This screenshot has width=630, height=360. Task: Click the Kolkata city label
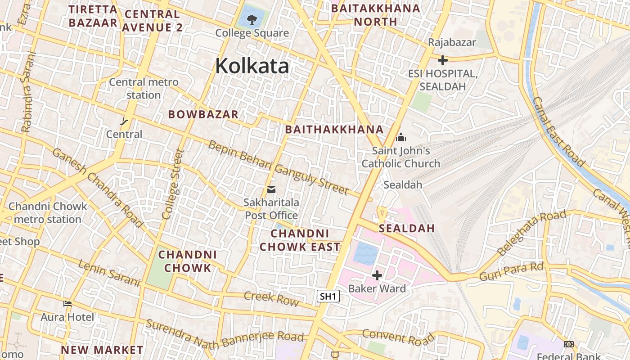point(252,66)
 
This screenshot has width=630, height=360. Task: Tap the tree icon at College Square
point(252,19)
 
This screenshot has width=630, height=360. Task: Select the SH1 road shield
point(328,296)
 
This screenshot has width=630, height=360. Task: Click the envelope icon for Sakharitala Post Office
point(271,189)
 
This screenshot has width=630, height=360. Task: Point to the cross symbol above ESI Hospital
point(443,60)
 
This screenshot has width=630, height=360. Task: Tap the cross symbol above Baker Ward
point(377,275)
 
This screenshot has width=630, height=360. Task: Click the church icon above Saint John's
point(400,137)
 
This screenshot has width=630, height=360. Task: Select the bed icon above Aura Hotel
point(67,304)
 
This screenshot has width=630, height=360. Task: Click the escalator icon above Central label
point(124,121)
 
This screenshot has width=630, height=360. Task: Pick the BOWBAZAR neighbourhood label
point(203,114)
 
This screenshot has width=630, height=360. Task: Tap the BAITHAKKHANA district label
point(334,130)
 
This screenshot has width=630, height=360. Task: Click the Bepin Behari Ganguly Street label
point(278,168)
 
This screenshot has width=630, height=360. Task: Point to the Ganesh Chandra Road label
point(97,187)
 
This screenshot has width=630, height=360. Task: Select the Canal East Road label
point(558,131)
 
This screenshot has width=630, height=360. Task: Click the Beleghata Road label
point(531,232)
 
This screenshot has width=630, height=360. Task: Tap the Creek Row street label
point(271,298)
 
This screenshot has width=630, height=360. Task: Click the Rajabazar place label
point(452,42)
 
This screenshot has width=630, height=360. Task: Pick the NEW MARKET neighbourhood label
point(102,350)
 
